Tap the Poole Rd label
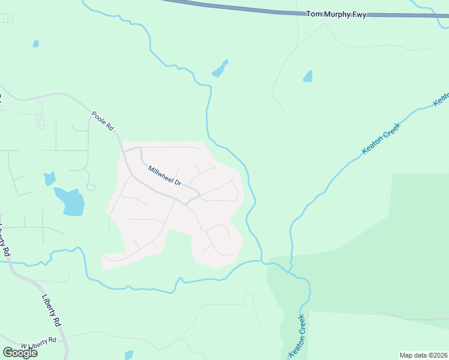(103, 120)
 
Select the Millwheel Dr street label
(164, 175)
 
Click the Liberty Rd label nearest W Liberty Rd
(52, 309)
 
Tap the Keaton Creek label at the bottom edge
(298, 336)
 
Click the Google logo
(20, 353)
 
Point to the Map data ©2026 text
(423, 355)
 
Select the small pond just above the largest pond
(50, 179)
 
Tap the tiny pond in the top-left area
(36, 44)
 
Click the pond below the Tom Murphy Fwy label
(308, 76)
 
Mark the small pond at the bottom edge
(128, 355)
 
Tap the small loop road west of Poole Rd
(91, 187)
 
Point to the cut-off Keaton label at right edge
(442, 98)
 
